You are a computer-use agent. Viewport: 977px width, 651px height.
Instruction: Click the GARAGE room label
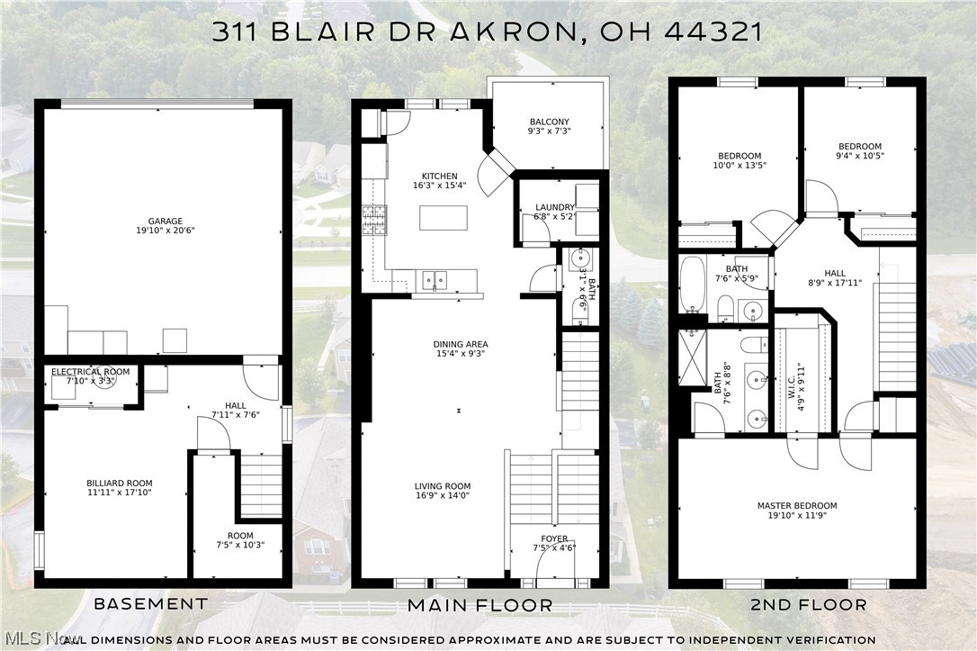(165, 221)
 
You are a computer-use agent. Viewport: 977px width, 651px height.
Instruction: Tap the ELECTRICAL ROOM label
(90, 372)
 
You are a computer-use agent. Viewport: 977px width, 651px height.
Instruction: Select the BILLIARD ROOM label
(113, 484)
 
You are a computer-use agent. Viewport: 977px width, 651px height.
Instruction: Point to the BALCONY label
(549, 122)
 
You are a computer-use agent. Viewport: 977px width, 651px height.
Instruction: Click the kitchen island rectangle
(444, 218)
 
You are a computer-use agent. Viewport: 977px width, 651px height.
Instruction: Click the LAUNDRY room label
(548, 207)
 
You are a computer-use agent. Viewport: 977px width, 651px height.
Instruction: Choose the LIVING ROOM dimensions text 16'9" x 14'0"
(441, 495)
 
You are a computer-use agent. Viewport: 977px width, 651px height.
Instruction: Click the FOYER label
(554, 539)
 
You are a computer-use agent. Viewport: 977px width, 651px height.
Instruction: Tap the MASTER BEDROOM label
(796, 506)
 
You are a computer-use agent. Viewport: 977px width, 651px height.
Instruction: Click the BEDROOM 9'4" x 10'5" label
(859, 147)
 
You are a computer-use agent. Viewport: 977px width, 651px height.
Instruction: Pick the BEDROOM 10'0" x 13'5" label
(739, 156)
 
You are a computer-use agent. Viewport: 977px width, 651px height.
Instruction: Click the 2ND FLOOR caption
(808, 604)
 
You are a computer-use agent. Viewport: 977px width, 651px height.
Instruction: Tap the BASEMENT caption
(151, 603)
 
